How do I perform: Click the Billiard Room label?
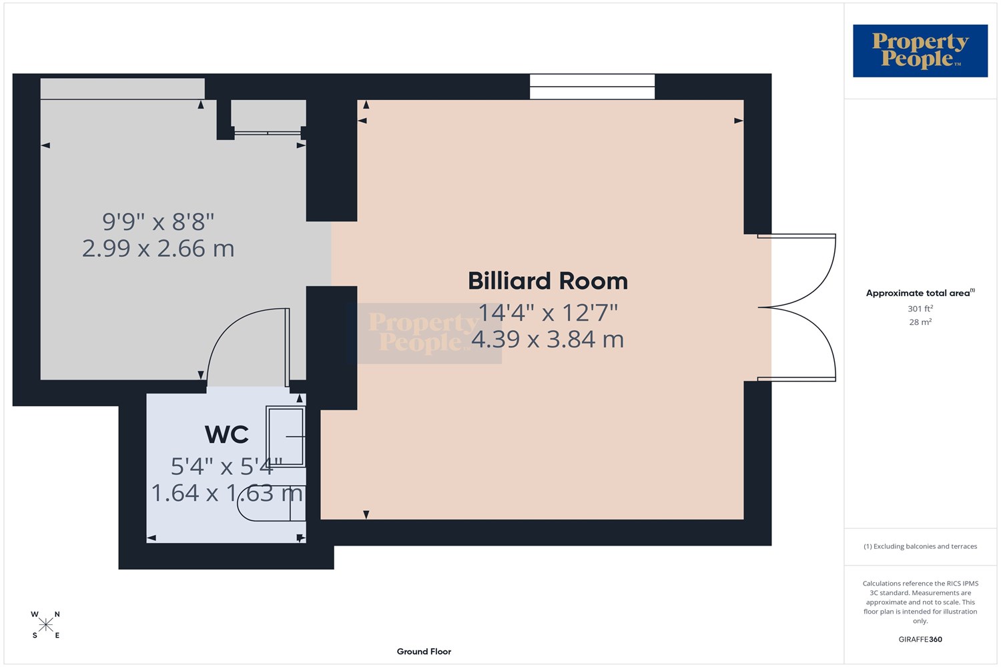coord(547,281)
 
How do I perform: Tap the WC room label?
coord(227,434)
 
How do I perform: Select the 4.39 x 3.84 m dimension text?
coord(547,339)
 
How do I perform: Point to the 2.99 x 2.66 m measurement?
coord(158,248)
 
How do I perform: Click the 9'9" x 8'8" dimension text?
coord(158,221)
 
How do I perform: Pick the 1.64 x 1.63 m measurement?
coord(227,493)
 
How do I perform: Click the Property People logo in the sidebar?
coord(920,51)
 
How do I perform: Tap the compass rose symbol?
coord(45,624)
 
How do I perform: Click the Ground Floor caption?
coord(424,652)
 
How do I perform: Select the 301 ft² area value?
coord(920,308)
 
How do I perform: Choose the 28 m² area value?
coord(920,321)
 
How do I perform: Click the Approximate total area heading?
coord(920,293)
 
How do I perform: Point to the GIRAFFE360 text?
coord(920,639)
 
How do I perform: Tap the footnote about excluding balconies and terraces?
coord(920,546)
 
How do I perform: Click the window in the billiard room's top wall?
coord(592,87)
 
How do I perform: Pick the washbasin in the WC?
coord(286,436)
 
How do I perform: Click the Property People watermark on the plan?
coord(424,333)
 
